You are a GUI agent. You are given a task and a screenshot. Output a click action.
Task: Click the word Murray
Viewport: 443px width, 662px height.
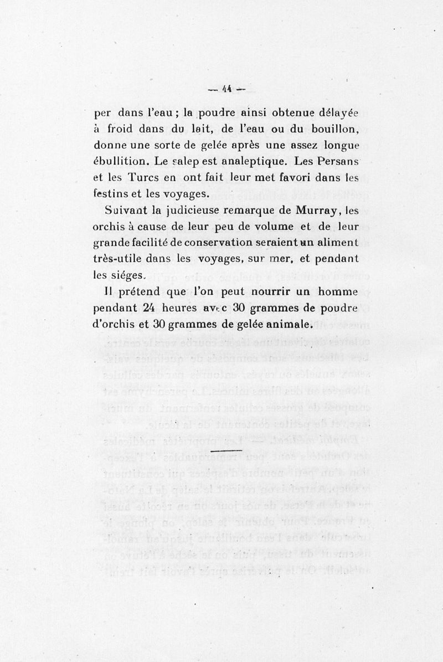pos(317,211)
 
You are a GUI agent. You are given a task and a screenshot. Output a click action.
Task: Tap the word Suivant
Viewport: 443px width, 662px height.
pos(124,211)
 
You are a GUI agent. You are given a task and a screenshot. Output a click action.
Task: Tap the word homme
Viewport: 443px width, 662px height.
pos(337,291)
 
